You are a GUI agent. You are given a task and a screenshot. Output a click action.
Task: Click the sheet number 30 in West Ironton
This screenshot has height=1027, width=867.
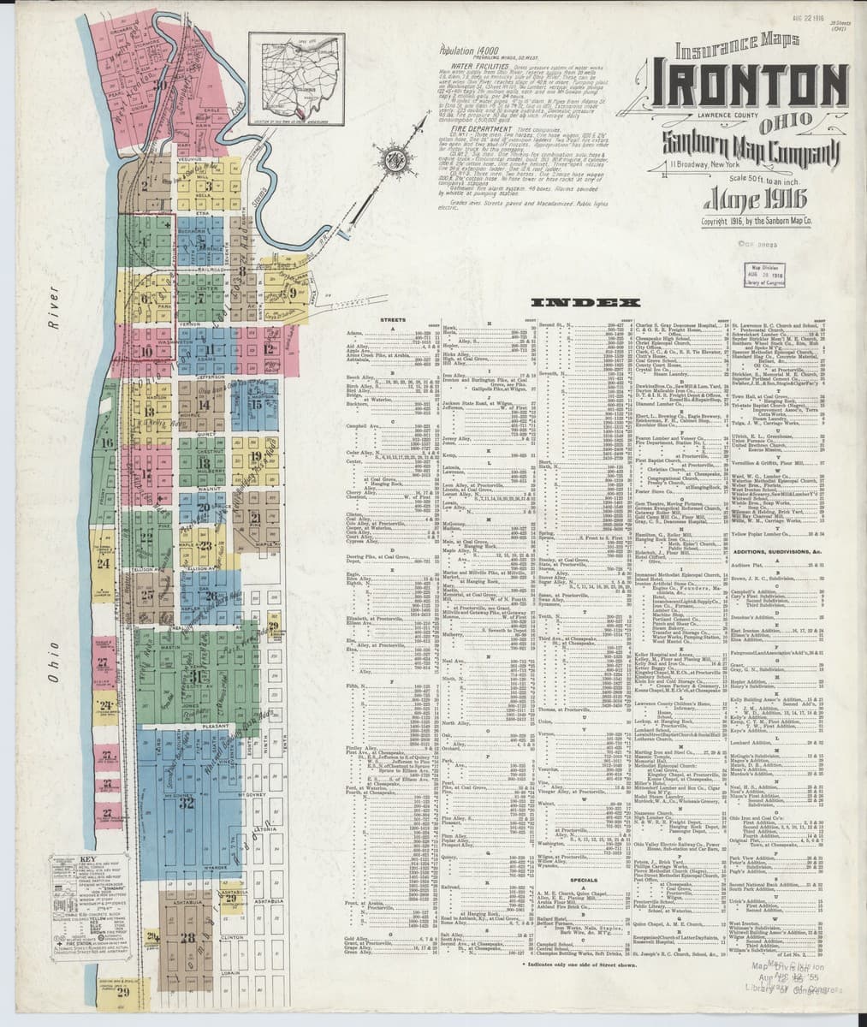click(159, 84)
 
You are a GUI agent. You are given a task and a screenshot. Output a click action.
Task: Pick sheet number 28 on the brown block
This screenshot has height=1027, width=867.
click(187, 937)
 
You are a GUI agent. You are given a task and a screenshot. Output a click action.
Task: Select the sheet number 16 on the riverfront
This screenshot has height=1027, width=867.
click(107, 442)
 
